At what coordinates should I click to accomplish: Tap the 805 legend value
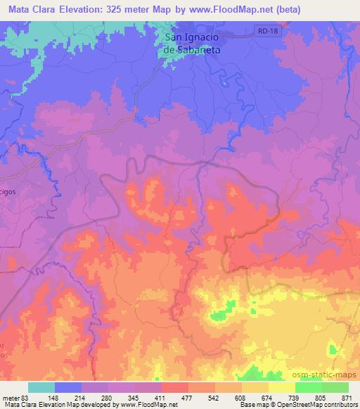click(x=320, y=398)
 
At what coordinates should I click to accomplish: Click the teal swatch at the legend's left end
click(x=41, y=387)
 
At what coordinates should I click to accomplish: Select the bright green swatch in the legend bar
click(x=309, y=387)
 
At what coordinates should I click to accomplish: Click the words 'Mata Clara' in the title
click(x=33, y=9)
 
